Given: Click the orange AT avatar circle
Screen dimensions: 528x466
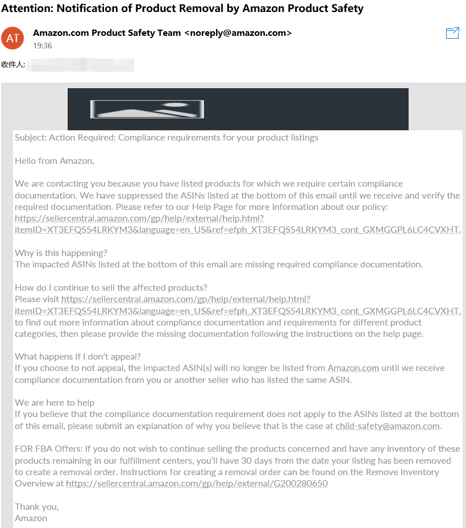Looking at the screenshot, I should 13,38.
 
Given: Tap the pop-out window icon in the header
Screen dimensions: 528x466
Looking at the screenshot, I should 452,33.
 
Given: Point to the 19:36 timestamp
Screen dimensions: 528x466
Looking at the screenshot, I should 43,46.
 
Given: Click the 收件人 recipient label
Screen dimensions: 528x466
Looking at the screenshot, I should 13,64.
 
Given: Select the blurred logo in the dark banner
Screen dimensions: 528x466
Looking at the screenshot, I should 147,109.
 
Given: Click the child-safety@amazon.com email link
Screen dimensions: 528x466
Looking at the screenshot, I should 388,426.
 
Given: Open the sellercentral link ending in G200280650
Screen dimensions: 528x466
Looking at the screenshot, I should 197,484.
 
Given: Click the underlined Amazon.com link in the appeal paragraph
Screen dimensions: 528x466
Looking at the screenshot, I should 353,368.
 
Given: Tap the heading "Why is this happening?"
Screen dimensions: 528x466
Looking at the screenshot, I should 61,253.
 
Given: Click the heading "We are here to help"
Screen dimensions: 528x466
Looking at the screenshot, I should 55,403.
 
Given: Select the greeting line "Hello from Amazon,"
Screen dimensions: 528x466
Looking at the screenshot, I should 55,161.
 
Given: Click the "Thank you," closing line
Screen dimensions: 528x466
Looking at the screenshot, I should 37,506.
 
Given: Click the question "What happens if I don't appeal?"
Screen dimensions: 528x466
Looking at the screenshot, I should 77,357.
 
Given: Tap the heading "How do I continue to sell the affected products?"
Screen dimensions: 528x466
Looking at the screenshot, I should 111,287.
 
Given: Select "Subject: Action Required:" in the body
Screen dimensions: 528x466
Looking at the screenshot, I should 65,138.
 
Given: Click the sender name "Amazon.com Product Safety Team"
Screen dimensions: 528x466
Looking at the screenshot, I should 107,33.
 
